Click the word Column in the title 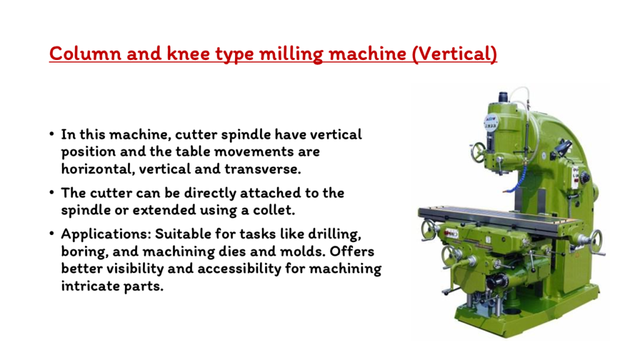point(85,54)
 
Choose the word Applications point(106,235)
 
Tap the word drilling point(334,235)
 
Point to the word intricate point(84,286)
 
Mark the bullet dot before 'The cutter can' point(51,192)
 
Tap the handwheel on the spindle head point(478,152)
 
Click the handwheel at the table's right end point(595,242)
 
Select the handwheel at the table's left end point(428,230)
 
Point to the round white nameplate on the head point(491,122)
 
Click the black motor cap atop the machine point(503,97)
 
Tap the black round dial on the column point(585,177)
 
